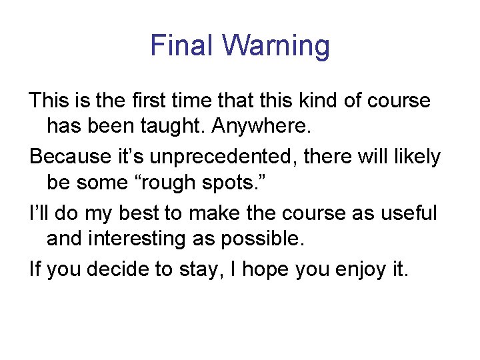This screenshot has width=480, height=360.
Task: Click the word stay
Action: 213,271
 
